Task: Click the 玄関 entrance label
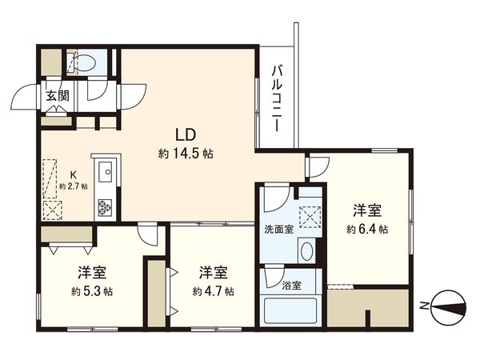(x=56, y=97)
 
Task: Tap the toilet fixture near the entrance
(x=84, y=62)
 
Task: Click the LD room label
(x=186, y=133)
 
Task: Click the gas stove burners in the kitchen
(x=106, y=207)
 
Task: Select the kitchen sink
(x=105, y=170)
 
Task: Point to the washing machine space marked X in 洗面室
(x=308, y=217)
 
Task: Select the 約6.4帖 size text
(x=367, y=229)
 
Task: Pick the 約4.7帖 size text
(x=213, y=291)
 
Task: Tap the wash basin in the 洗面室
(x=307, y=250)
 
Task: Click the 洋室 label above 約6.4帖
(x=367, y=211)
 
